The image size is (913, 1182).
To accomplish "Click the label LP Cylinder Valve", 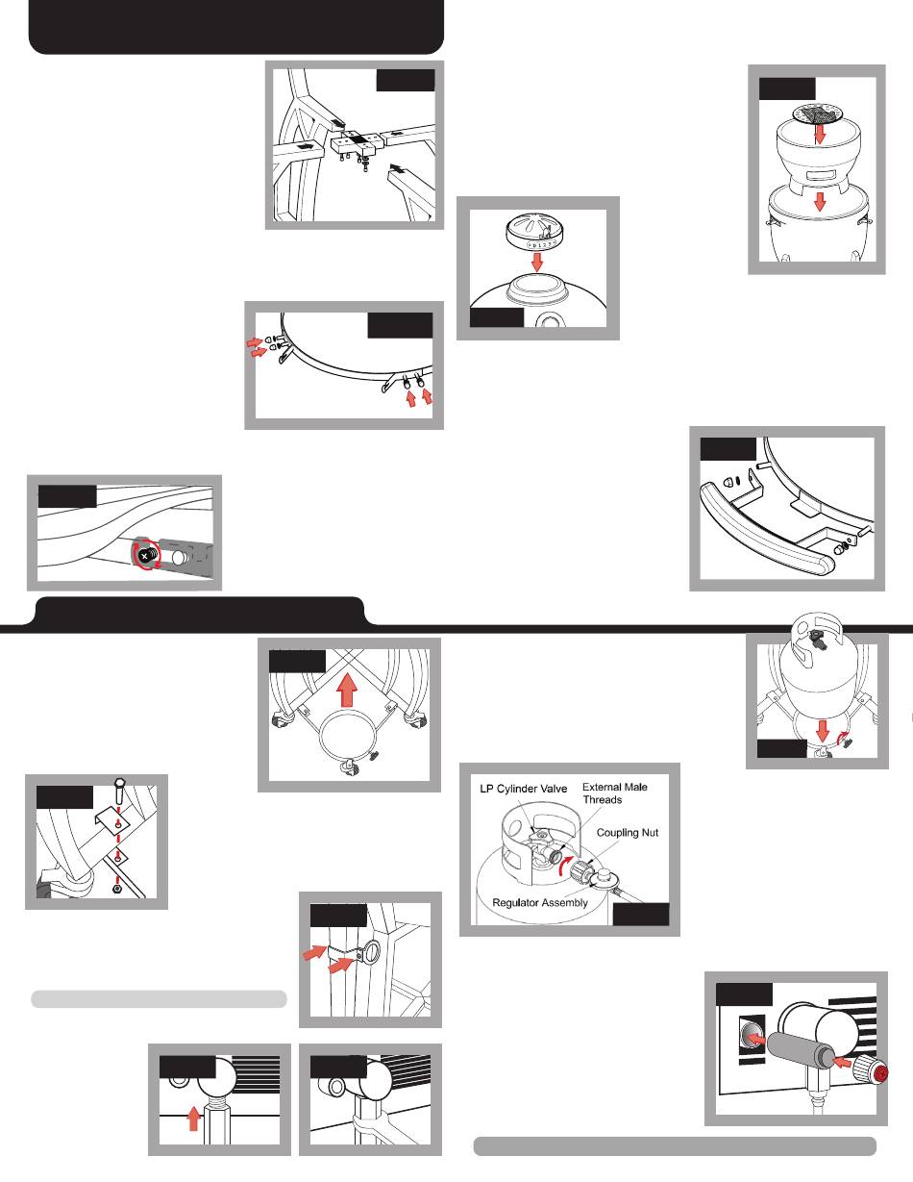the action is click(524, 789).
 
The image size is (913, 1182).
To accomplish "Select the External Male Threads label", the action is click(615, 793).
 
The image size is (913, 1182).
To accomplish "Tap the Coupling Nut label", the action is click(628, 832).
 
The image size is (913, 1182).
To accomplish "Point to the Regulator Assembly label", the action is click(540, 903).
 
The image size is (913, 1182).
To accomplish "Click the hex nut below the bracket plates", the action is click(115, 889).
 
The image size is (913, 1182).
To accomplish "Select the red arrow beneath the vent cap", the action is click(537, 263).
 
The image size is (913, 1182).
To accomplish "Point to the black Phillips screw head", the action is click(143, 556).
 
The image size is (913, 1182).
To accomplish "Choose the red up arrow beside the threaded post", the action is click(193, 1120).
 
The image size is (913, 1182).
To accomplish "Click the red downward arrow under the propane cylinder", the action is click(822, 731).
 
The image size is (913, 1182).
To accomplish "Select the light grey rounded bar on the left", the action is click(159, 999).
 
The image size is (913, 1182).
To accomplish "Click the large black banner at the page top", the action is click(235, 27).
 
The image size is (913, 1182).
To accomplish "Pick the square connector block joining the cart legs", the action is click(355, 144).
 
